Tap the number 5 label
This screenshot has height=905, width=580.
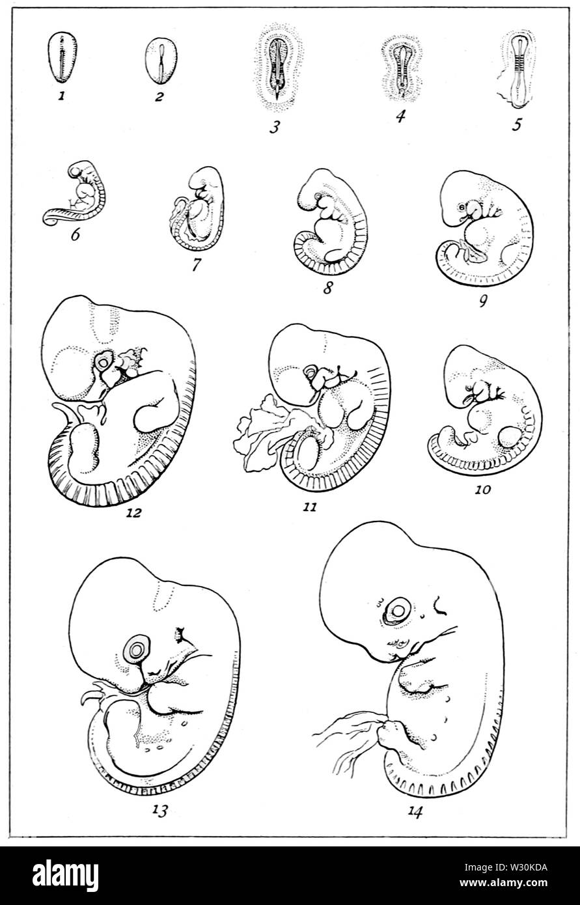click(x=516, y=123)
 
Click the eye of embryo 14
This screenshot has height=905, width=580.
click(x=395, y=611)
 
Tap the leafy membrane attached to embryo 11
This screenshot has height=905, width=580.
click(x=258, y=430)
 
